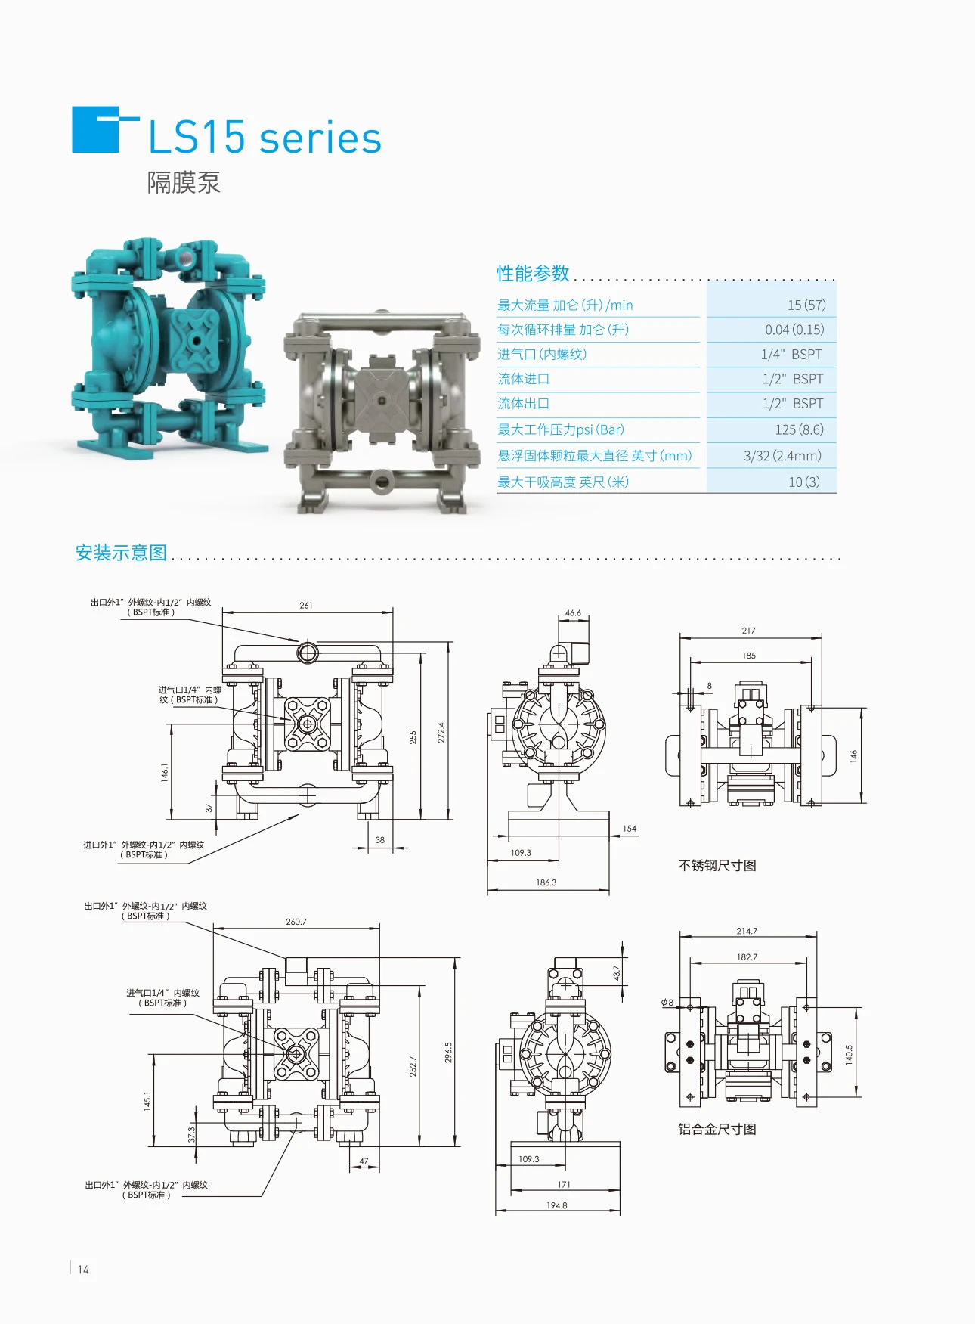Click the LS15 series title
pos(265,138)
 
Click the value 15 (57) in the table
pos(806,305)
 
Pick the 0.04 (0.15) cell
pos(794,330)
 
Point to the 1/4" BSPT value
pos(791,355)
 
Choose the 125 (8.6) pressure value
pos(799,429)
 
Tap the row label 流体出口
pos(523,404)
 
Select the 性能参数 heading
pos(533,273)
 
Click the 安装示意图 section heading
pos(121,553)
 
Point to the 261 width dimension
pos(305,606)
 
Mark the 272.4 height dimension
pos(441,732)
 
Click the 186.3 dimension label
pos(546,882)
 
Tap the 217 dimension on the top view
pos(748,631)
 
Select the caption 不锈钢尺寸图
pos(717,866)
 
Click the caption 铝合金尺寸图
pos(717,1129)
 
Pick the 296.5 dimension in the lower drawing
pos(448,1053)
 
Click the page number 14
pos(83,1270)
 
